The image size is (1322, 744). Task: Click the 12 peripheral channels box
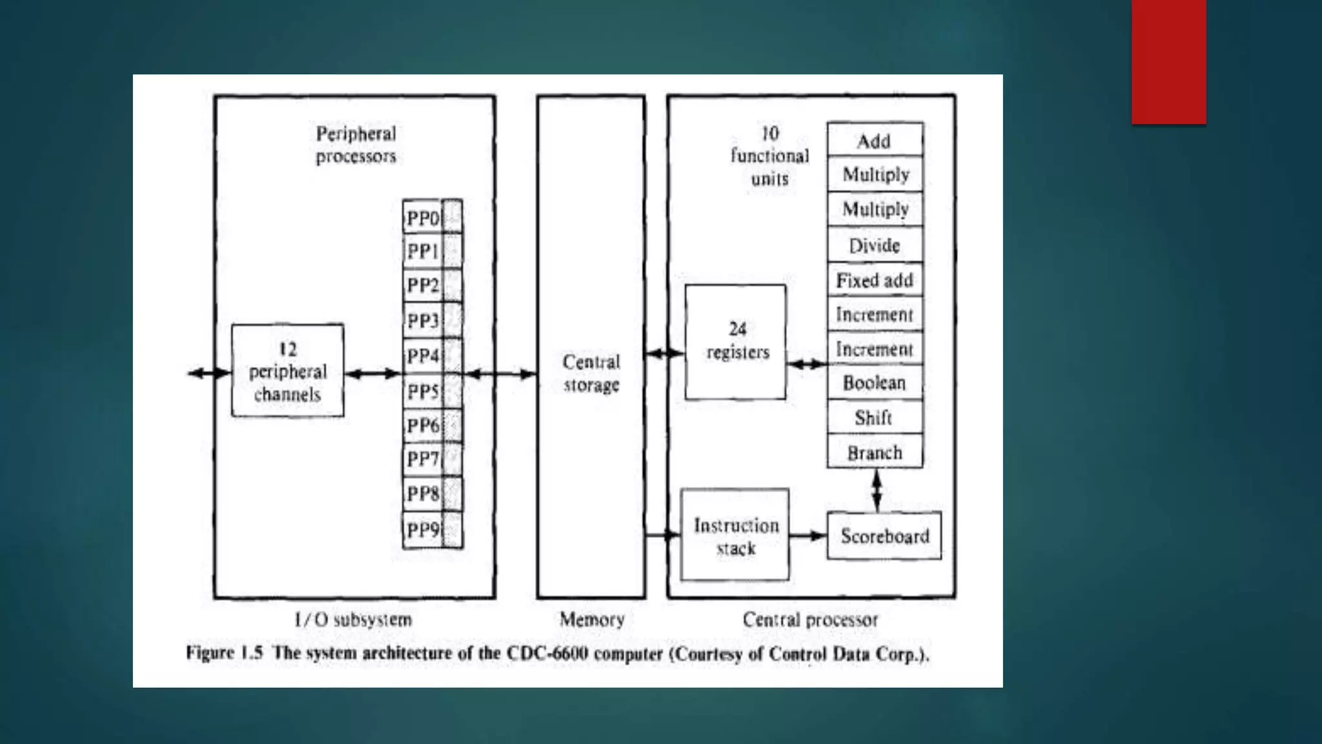click(287, 371)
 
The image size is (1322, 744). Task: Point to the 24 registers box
click(735, 342)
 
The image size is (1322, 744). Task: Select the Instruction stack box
click(735, 535)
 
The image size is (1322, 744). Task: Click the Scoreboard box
click(884, 535)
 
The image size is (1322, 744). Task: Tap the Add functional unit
click(875, 140)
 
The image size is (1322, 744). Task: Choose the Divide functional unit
click(875, 245)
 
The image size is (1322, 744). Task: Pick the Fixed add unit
click(875, 280)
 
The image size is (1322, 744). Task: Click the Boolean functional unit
click(875, 383)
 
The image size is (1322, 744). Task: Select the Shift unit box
click(875, 417)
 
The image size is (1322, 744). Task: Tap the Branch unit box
click(875, 452)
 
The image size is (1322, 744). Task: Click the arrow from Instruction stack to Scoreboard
click(808, 535)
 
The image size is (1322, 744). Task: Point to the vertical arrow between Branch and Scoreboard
click(877, 490)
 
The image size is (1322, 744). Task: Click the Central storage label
click(591, 373)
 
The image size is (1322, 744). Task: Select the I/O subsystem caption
click(353, 620)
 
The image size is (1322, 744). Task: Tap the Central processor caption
click(810, 620)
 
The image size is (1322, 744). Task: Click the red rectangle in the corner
click(1168, 61)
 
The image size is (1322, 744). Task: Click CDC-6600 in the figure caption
click(547, 654)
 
